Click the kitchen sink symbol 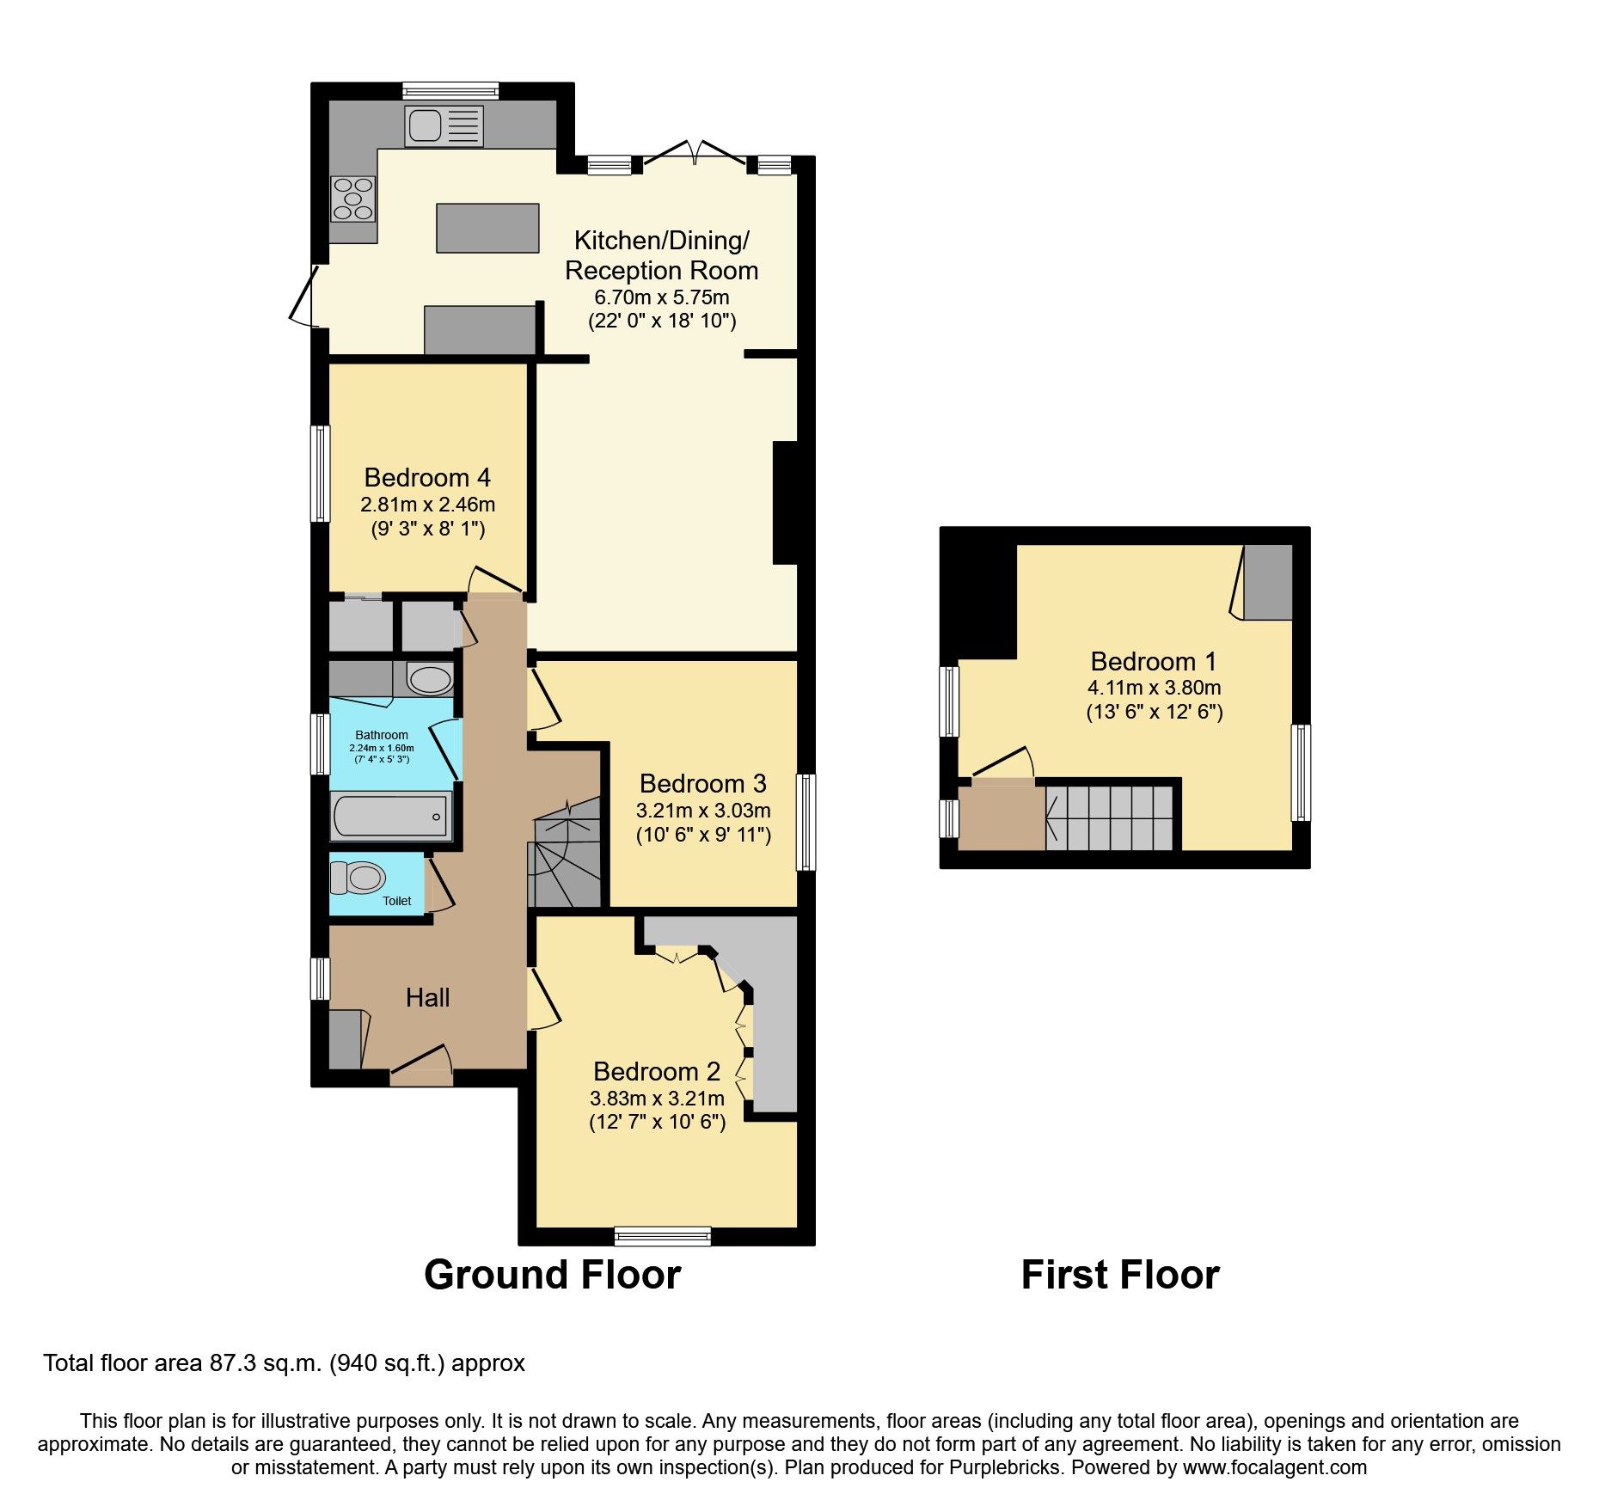pyautogui.click(x=444, y=126)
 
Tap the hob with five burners pyautogui.click(x=352, y=199)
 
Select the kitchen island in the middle pyautogui.click(x=487, y=228)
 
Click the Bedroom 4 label pyautogui.click(x=427, y=477)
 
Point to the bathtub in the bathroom pyautogui.click(x=391, y=816)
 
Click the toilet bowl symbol pyautogui.click(x=360, y=878)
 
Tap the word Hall pyautogui.click(x=427, y=997)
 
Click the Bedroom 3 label pyautogui.click(x=702, y=783)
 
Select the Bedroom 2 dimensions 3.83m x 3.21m pyautogui.click(x=657, y=1098)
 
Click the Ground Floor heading pyautogui.click(x=552, y=1274)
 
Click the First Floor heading pyautogui.click(x=1119, y=1274)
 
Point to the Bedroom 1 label pyautogui.click(x=1154, y=661)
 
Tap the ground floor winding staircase pyautogui.click(x=565, y=860)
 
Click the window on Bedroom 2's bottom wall pyautogui.click(x=662, y=1236)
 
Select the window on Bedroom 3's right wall pyautogui.click(x=806, y=822)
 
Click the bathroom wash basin pyautogui.click(x=429, y=680)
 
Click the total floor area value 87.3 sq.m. pyautogui.click(x=266, y=1363)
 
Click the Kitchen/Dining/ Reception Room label pyautogui.click(x=661, y=254)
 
